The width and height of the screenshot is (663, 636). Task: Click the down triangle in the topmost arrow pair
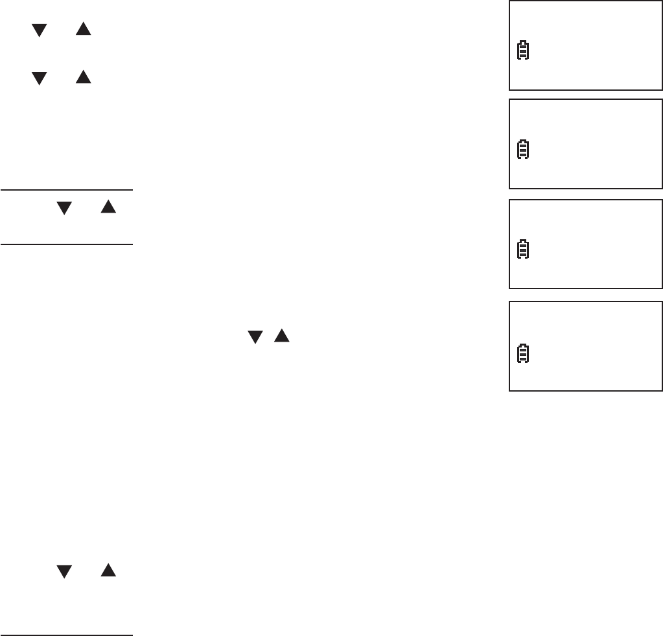click(x=40, y=30)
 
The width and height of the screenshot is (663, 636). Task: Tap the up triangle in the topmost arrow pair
click(x=82, y=29)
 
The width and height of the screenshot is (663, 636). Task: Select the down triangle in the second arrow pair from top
click(x=40, y=78)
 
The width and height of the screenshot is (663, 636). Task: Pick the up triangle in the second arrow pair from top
click(x=82, y=78)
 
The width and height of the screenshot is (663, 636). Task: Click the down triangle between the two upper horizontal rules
click(x=64, y=208)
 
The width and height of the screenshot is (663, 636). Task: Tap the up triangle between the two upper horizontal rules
click(x=108, y=207)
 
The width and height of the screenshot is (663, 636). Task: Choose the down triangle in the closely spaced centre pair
click(x=255, y=336)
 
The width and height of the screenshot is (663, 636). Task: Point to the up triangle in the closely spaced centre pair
click(x=281, y=336)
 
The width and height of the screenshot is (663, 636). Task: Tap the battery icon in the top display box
click(x=522, y=51)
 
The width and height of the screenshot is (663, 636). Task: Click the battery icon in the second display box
click(x=522, y=150)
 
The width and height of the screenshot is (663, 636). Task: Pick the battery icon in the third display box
click(x=522, y=250)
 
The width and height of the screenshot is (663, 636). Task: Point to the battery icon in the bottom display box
click(x=522, y=353)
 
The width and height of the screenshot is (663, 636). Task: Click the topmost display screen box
click(x=586, y=45)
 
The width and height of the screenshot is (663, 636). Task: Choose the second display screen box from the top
click(x=586, y=144)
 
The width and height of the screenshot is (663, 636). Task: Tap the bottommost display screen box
click(x=586, y=346)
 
